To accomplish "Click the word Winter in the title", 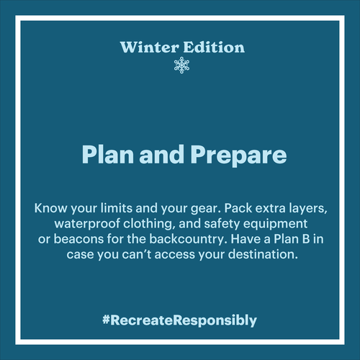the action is tap(150, 48).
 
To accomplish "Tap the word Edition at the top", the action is tap(214, 47).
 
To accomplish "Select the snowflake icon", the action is tap(181, 65).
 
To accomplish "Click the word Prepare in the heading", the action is tap(238, 156).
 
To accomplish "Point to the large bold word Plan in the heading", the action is tap(108, 154).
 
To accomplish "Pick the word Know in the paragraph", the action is tap(50, 208).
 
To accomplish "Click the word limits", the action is tap(117, 208).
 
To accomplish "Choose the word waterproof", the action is tap(87, 224).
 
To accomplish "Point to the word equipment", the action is tap(275, 224).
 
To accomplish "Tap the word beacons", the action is tap(78, 239).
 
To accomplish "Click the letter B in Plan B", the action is tap(306, 239).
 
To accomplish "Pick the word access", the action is tap(175, 254).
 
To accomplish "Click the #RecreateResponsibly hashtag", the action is tap(179, 320).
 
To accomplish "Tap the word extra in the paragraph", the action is tap(270, 208).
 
